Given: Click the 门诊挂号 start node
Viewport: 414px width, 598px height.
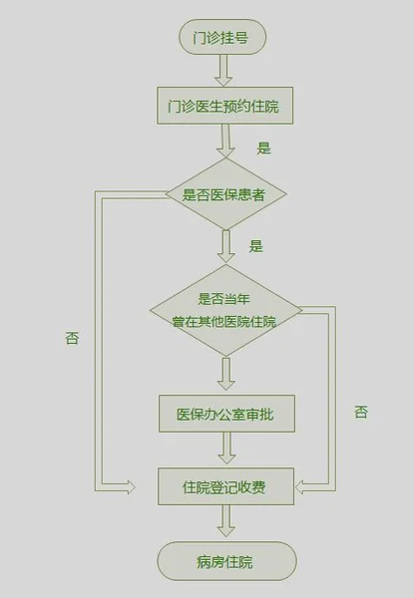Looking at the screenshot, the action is pos(222,37).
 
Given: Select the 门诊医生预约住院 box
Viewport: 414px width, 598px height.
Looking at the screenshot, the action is pos(225,106).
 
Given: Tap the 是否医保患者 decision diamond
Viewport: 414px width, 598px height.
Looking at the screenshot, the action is pos(225,193).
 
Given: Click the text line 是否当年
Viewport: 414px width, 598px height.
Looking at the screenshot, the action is pos(224,299).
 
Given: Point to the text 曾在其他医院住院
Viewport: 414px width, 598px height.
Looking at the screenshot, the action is pos(224,322).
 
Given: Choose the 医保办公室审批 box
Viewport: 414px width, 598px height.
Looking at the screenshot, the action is pos(226,414).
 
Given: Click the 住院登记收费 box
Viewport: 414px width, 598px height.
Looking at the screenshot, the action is pos(225,486).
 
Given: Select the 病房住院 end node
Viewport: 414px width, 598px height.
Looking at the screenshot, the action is pos(226,561).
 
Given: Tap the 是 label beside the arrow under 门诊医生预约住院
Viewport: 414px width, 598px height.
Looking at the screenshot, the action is pos(263,148).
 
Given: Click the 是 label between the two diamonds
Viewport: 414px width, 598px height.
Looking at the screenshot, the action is pos(256,246).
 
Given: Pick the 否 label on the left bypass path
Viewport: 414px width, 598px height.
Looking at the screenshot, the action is pos(72,338).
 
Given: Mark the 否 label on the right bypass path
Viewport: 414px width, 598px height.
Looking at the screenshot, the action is pos(361,412).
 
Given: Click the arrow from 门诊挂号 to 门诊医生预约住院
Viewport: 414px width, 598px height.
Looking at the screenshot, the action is pos(223,71).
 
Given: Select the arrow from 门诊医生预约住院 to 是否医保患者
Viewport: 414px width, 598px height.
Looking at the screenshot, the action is pos(225,141).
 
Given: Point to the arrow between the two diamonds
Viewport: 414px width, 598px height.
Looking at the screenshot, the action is pos(225,246).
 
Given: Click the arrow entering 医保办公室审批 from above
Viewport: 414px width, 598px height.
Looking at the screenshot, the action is pos(225,374).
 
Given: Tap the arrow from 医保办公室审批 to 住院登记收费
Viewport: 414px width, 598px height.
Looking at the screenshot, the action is pos(226,448).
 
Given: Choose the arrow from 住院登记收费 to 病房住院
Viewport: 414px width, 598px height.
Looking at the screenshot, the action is pos(225,521).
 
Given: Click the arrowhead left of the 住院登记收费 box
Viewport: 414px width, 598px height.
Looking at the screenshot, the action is pos(131,487).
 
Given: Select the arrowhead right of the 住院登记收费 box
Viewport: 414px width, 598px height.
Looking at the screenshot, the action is pos(300,487).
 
